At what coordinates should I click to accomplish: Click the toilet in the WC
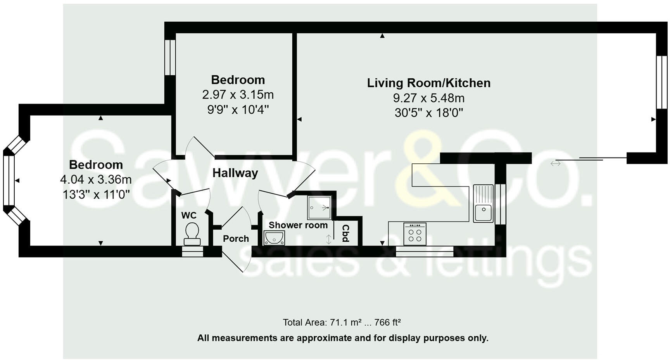(x=192, y=234)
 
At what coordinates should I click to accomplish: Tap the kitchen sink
(x=483, y=203)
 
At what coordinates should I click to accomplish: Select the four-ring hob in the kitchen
(x=415, y=234)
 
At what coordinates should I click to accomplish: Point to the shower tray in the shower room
(x=319, y=208)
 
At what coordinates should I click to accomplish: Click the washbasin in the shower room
(x=274, y=238)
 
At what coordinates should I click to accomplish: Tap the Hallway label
(x=235, y=173)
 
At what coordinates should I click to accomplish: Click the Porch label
(x=236, y=239)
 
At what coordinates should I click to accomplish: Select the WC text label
(x=189, y=215)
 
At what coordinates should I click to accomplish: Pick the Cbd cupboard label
(x=345, y=233)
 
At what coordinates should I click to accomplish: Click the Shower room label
(x=298, y=225)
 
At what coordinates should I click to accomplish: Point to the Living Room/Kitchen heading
(x=429, y=83)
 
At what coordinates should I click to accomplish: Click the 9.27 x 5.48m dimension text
(x=429, y=98)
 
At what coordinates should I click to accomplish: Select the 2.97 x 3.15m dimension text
(x=238, y=95)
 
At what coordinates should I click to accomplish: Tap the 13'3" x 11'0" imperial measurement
(x=96, y=194)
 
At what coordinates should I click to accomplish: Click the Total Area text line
(x=342, y=322)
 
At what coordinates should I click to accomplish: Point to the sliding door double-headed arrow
(x=556, y=164)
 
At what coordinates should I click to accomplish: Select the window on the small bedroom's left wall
(x=170, y=57)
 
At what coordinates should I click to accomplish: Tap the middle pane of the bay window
(x=9, y=180)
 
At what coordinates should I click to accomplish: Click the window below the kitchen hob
(x=425, y=251)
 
